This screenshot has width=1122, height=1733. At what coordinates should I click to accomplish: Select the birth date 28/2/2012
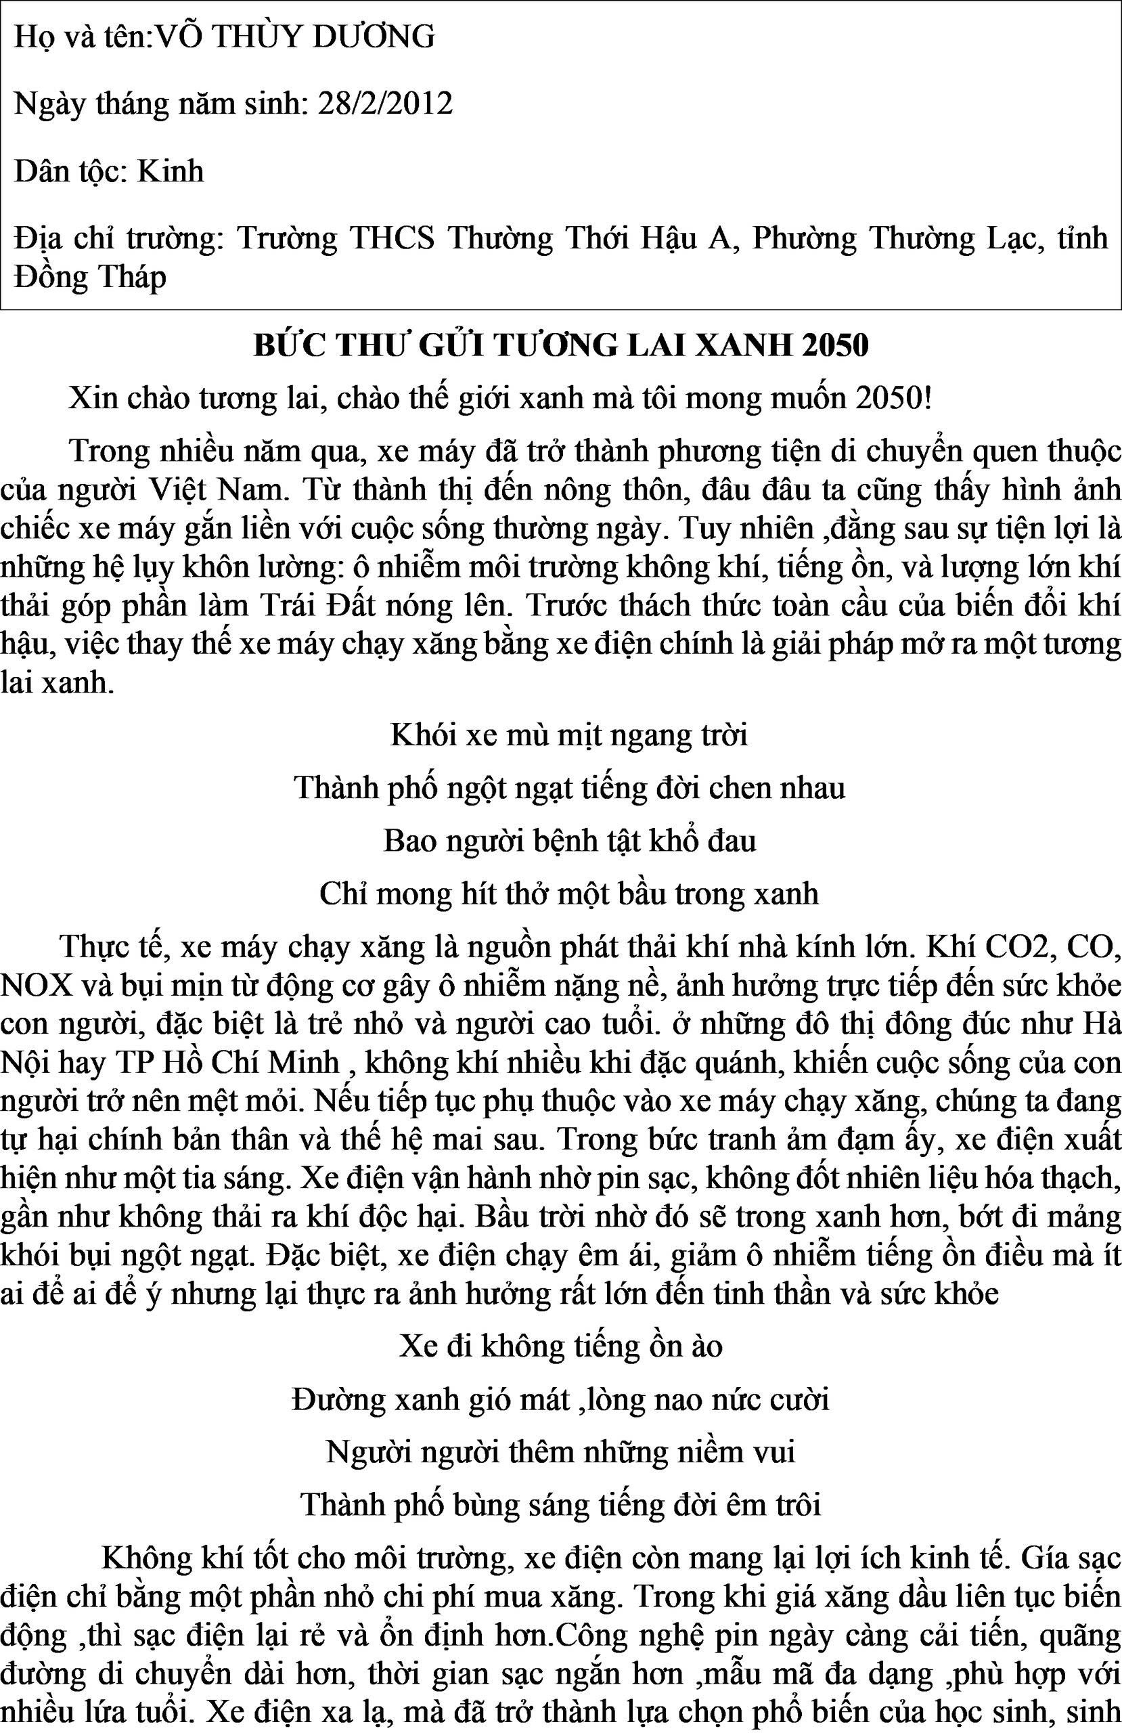pyautogui.click(x=385, y=104)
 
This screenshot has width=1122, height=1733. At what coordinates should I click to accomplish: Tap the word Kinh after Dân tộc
pyautogui.click(x=171, y=171)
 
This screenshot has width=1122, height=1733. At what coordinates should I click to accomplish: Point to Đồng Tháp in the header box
pyautogui.click(x=90, y=277)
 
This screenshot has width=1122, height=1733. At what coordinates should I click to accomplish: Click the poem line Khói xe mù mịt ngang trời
pyautogui.click(x=568, y=735)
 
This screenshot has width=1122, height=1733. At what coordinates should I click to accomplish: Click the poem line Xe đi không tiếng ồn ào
pyautogui.click(x=560, y=1346)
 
